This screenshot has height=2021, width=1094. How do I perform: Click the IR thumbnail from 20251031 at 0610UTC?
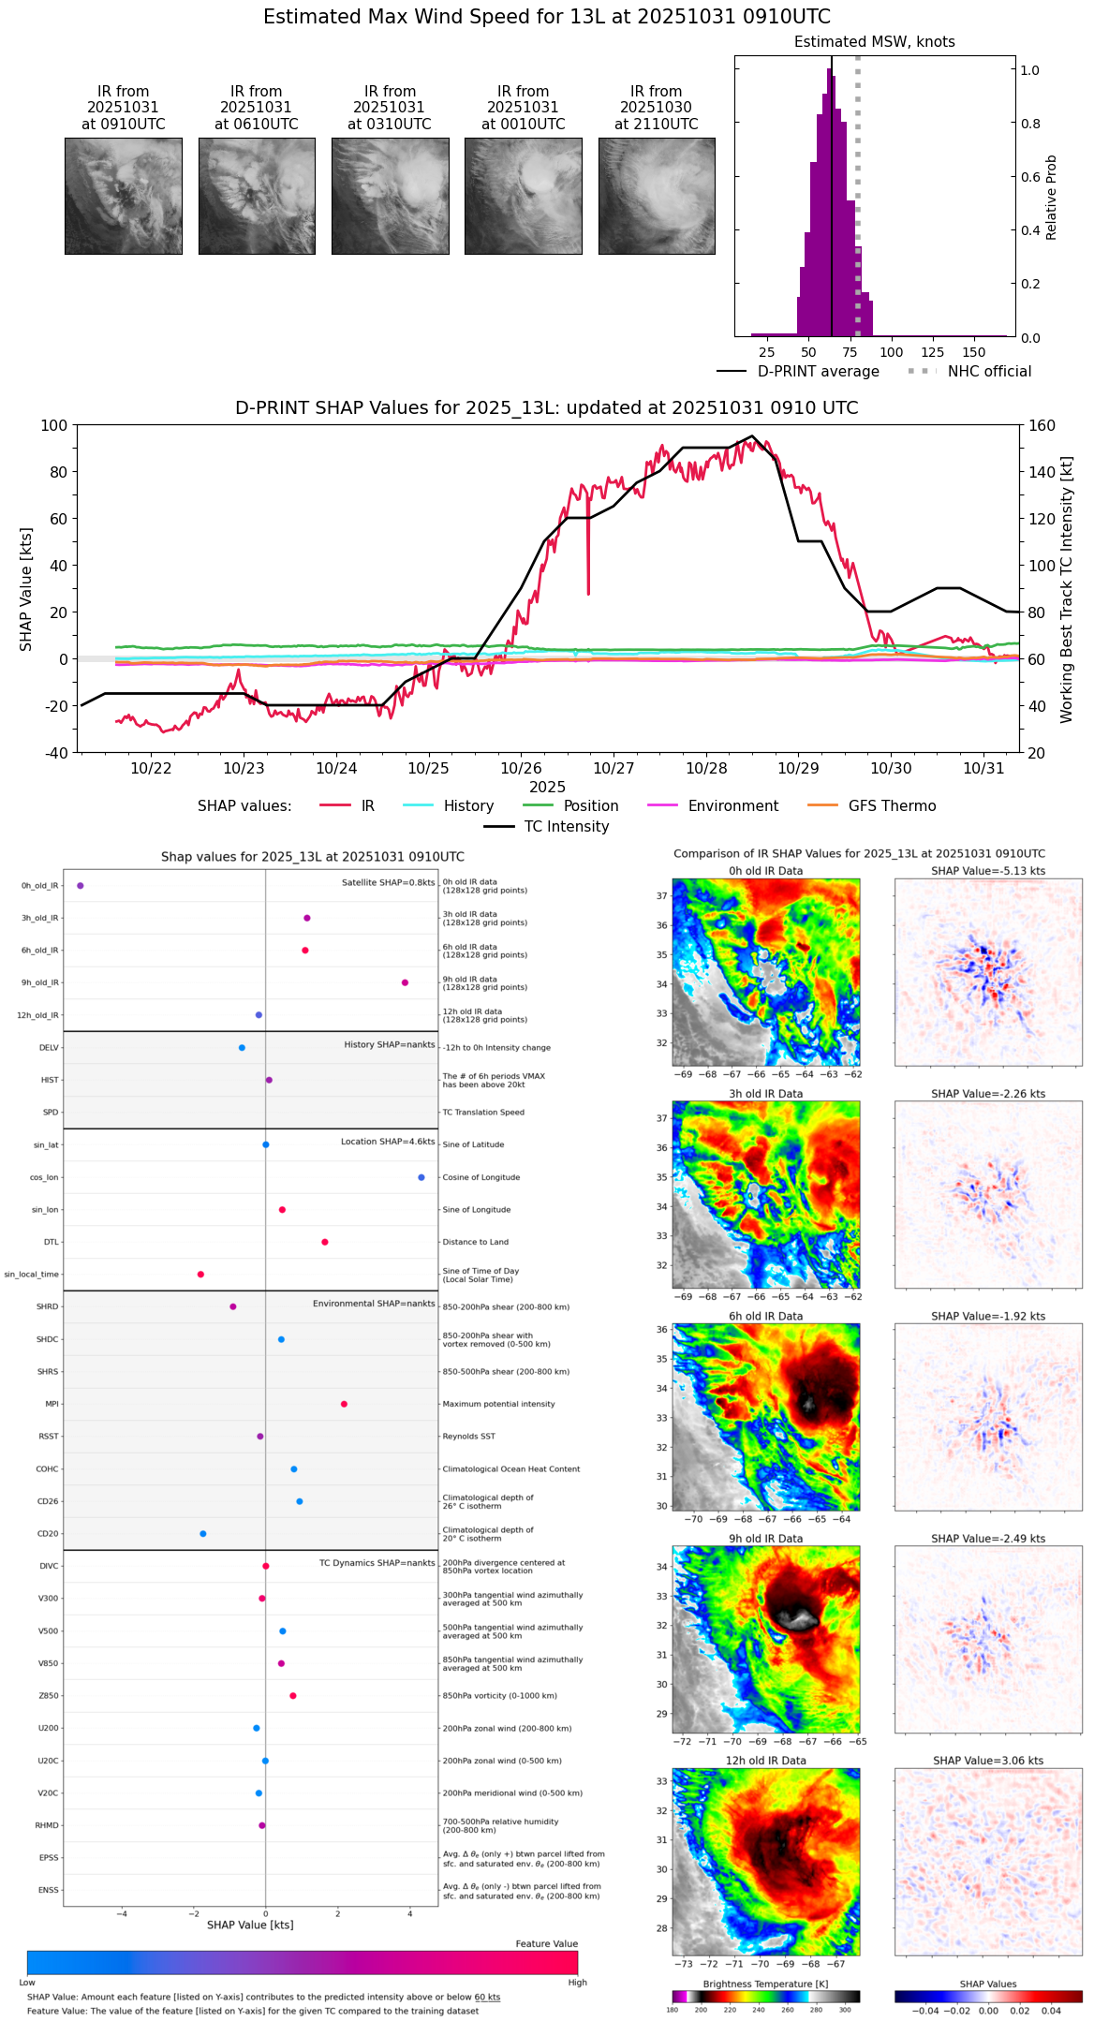pos(257,196)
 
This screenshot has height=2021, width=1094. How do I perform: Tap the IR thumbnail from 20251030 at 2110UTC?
pos(657,196)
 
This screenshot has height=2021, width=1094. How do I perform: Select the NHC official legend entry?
pos(969,372)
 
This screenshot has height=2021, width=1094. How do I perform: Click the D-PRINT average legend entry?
pos(798,372)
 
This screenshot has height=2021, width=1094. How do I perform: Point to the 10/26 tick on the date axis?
pos(521,768)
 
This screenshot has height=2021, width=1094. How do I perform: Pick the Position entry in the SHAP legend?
pos(570,806)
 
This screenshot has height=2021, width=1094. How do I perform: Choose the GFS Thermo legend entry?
pos(871,806)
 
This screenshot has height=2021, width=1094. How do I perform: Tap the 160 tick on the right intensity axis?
pos(1042,425)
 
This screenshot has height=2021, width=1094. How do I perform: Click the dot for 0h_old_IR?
pos(81,885)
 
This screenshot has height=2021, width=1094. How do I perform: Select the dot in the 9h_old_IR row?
pos(405,982)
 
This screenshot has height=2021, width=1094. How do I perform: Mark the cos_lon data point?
pos(421,1177)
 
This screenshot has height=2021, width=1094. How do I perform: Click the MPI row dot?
pos(344,1404)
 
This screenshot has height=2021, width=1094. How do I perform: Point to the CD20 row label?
pos(48,1534)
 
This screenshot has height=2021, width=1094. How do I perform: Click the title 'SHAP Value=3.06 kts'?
pos(988,1761)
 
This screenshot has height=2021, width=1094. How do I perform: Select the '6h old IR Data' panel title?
pos(765,1316)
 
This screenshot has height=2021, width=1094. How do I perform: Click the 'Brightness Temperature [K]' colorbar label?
pos(765,1984)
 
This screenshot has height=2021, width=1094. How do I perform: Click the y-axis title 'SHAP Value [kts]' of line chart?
pos(26,589)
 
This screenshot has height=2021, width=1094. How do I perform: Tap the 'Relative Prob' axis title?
pos(1051,197)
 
